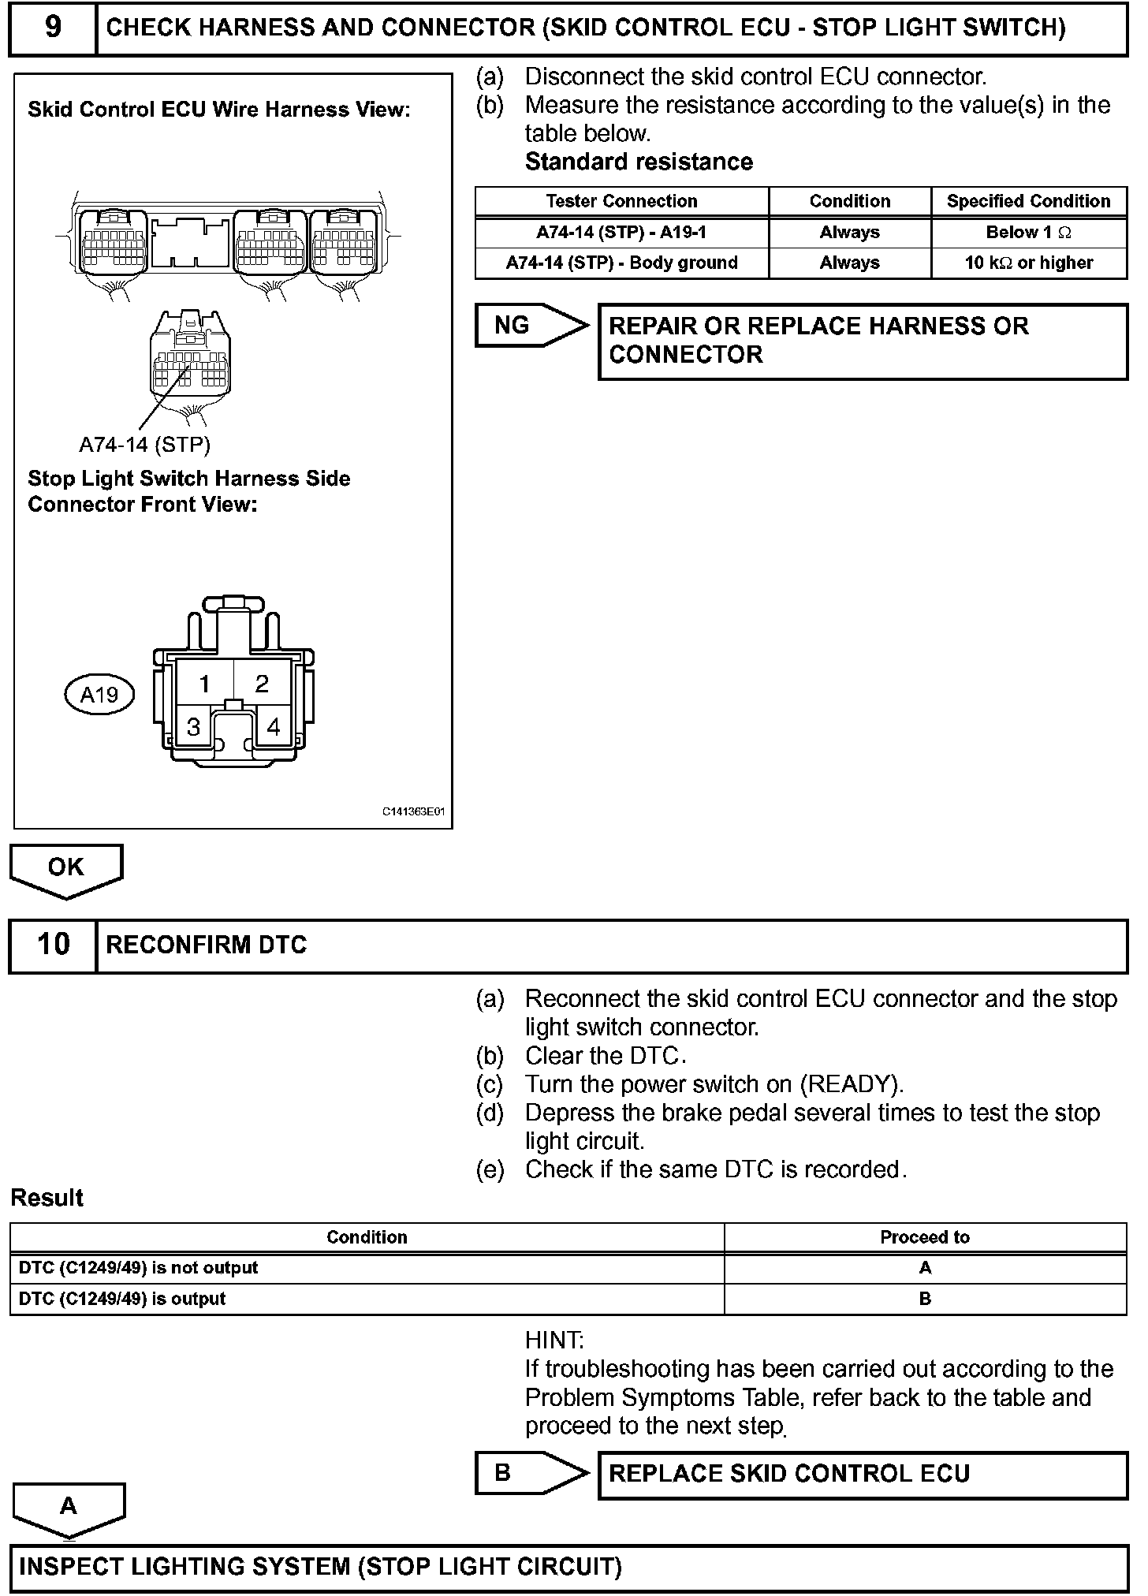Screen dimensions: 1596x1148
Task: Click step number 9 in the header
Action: (x=52, y=28)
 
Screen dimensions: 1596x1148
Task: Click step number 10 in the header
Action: (x=53, y=945)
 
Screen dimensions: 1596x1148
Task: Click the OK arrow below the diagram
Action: (x=65, y=867)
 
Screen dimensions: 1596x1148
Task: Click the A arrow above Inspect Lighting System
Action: (x=69, y=1506)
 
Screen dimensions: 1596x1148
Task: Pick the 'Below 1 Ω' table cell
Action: (x=1028, y=233)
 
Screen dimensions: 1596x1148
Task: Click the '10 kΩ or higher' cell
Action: (x=1028, y=263)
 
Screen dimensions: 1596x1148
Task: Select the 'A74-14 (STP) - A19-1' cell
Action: (x=621, y=233)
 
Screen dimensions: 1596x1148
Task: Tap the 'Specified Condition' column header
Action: (x=1028, y=201)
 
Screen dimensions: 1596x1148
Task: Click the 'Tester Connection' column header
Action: (x=621, y=201)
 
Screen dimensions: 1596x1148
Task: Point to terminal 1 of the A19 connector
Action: (x=204, y=683)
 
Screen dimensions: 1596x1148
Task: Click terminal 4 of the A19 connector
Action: (x=273, y=726)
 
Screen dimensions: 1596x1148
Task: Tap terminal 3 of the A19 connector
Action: (x=193, y=726)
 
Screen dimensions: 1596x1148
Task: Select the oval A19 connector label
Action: (x=99, y=695)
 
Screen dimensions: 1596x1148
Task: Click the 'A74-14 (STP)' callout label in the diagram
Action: (x=144, y=445)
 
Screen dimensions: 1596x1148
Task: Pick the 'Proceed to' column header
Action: (x=924, y=1237)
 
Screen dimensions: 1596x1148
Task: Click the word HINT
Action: (x=554, y=1340)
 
